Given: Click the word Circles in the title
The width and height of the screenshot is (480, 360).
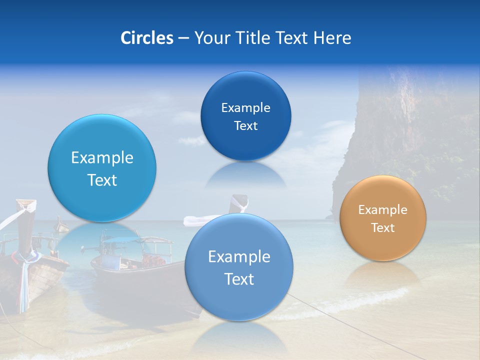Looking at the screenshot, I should [x=146, y=38].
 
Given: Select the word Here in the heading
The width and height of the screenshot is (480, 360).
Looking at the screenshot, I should [x=332, y=38].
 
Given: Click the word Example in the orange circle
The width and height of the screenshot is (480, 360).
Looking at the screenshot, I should [x=383, y=210].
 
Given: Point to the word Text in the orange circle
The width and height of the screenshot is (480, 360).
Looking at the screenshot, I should [x=383, y=228].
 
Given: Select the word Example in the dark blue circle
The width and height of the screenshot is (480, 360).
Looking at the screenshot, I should [x=245, y=108].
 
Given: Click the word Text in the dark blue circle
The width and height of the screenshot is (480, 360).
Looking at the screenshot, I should [x=245, y=126].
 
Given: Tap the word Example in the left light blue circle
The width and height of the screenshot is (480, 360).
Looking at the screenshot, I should [x=102, y=158].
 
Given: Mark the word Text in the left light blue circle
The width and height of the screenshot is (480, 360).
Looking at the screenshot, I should [x=102, y=180].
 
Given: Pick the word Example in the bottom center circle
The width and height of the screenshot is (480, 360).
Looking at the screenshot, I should [x=239, y=257].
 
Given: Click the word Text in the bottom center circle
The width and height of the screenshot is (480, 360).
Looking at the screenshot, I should [x=239, y=279].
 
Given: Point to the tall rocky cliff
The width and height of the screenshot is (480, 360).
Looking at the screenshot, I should [x=395, y=125].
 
